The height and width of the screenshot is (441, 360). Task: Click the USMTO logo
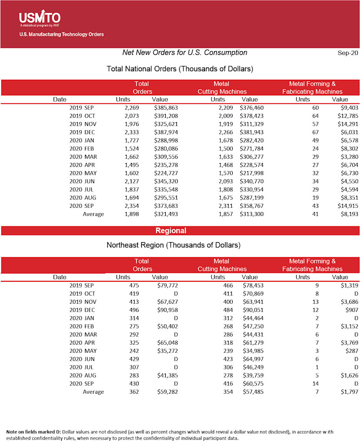[40, 18]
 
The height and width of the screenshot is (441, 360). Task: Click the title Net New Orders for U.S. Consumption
[184, 53]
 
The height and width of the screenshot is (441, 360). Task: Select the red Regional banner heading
[171, 231]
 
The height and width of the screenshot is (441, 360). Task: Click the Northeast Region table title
[173, 245]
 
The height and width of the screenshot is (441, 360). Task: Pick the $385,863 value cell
[166, 108]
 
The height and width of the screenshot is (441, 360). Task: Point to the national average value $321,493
[166, 214]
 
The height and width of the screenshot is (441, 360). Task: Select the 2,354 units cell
[132, 206]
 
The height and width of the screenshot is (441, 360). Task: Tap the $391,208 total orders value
[166, 116]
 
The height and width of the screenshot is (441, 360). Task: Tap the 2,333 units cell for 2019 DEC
[132, 132]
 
